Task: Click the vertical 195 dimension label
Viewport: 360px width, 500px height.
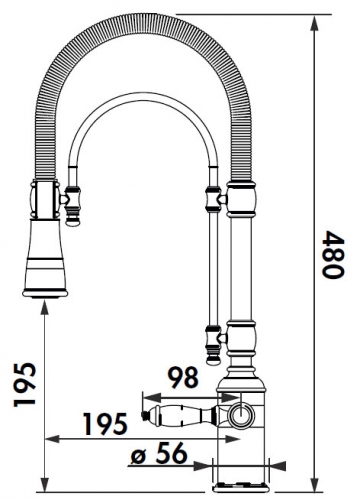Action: click(24, 384)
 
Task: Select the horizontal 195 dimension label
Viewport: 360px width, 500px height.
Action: click(105, 424)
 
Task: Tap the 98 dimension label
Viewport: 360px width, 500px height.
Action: click(183, 378)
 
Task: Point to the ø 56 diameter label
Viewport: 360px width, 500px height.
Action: click(158, 453)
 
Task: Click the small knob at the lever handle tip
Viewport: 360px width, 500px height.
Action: click(145, 415)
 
